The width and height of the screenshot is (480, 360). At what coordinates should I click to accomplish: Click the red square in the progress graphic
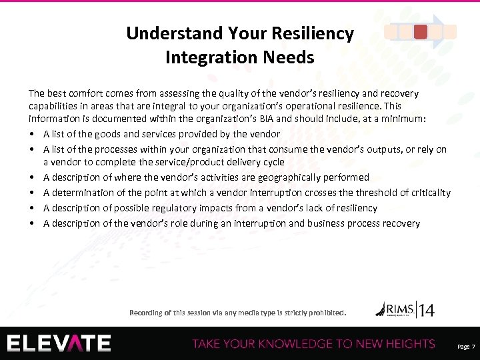421,31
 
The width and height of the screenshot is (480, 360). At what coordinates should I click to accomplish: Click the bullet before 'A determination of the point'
33,193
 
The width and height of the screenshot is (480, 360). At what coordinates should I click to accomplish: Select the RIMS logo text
397,308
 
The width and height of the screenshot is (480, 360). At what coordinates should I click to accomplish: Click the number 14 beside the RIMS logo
427,310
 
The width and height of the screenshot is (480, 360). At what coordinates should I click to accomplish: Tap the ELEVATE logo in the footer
59,343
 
